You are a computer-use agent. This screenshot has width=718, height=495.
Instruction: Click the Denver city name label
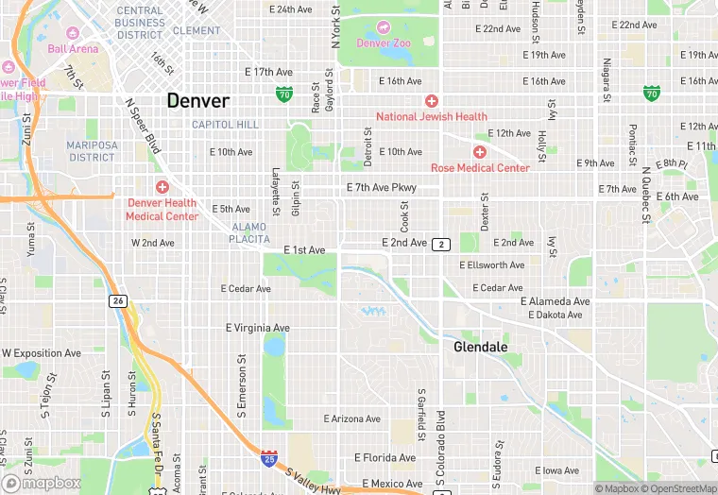198,100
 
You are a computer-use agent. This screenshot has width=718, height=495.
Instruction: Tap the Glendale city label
481,348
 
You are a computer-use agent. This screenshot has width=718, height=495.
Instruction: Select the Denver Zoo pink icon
383,27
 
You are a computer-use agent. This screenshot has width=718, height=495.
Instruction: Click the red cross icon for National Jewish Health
432,101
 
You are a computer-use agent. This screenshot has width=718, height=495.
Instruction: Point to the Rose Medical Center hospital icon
480,152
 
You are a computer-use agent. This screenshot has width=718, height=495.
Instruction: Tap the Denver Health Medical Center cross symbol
162,187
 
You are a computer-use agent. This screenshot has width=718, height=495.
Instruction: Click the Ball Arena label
73,48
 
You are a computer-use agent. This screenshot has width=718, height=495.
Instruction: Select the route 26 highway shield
117,300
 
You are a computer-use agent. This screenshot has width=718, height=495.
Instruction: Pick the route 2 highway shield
441,245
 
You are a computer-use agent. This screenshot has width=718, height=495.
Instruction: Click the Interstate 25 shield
269,457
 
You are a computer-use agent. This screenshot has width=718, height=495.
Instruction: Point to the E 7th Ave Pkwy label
381,187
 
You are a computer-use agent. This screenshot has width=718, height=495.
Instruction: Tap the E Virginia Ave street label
257,328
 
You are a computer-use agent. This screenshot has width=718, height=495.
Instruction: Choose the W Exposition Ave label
42,353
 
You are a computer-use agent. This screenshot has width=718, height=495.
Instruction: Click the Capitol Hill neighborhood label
225,125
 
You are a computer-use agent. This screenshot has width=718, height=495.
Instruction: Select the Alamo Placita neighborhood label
248,233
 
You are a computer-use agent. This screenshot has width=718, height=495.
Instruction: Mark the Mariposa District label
92,151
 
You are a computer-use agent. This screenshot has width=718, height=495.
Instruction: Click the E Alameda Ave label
556,301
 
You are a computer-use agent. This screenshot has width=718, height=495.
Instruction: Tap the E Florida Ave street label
385,458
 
